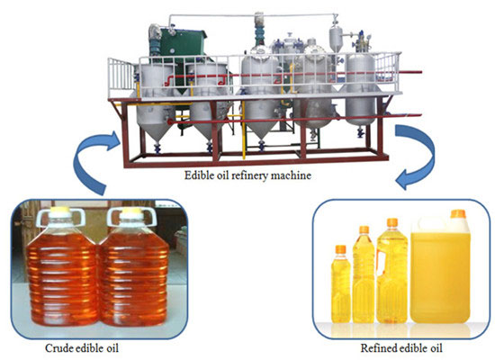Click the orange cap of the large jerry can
pyautogui.click(x=457, y=215)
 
